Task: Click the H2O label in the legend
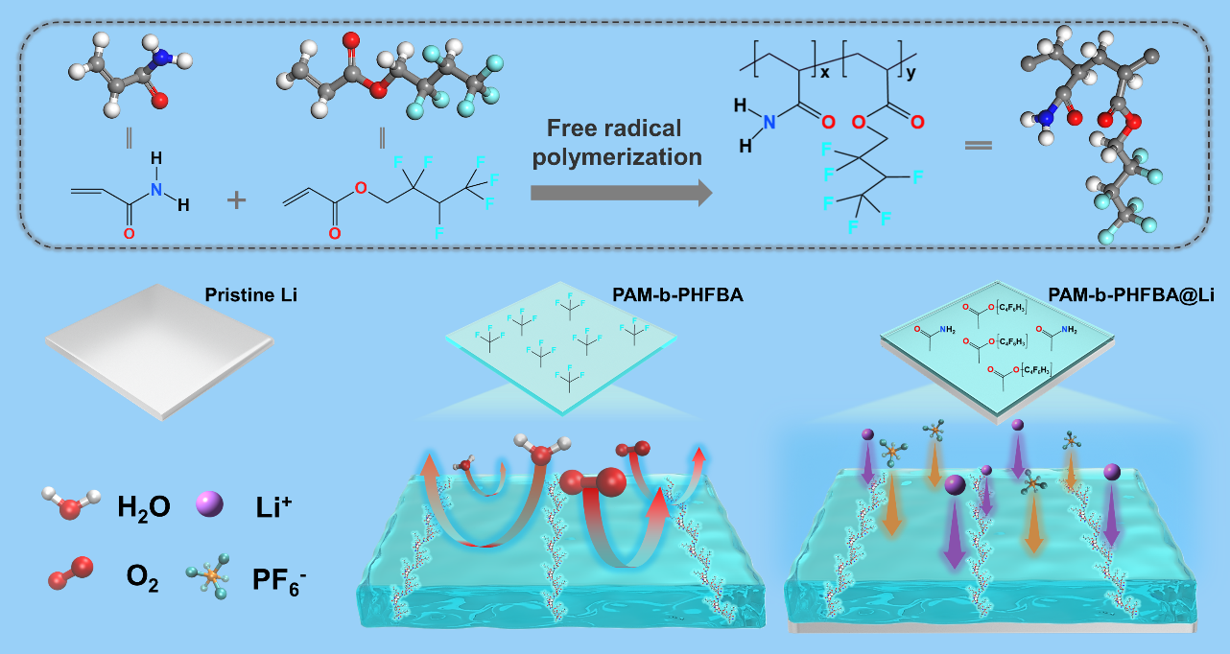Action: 144,506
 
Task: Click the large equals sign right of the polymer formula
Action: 978,147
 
